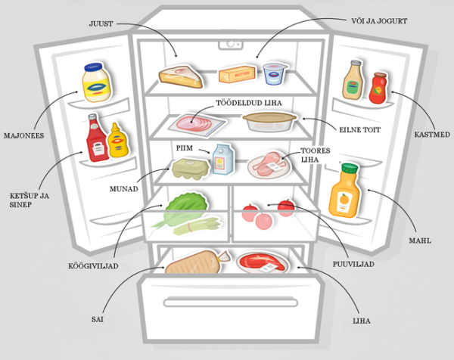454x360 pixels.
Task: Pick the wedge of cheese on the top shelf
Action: (180, 76)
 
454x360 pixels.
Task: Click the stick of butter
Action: (234, 74)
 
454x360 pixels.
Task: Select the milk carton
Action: (220, 160)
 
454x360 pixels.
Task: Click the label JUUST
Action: (100, 24)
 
